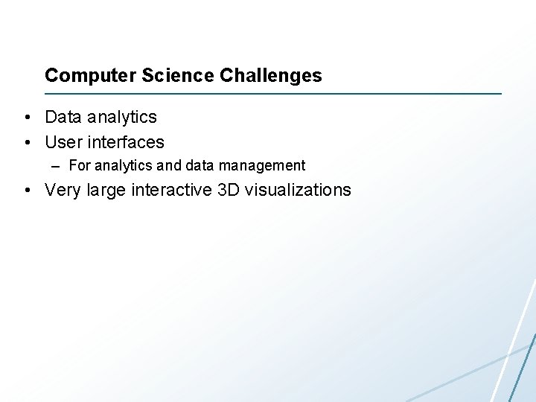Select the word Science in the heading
(x=153, y=76)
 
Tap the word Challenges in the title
(x=271, y=76)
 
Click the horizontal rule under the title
(x=273, y=94)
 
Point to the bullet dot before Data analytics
(x=26, y=118)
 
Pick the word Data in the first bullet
(x=63, y=118)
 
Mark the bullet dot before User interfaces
(x=26, y=142)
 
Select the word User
(x=63, y=142)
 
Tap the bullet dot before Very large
(x=26, y=191)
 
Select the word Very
(x=63, y=191)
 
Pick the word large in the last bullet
(x=106, y=191)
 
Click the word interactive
(x=171, y=191)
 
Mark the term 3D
(x=229, y=191)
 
